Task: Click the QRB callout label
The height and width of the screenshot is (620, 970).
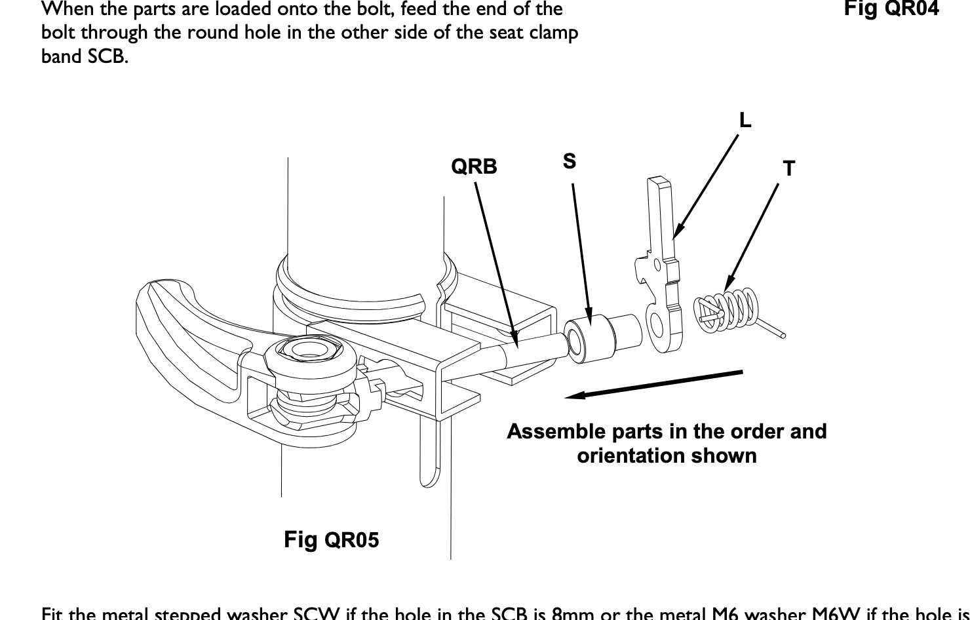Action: coord(474,167)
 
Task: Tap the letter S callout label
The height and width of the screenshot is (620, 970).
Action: coord(569,161)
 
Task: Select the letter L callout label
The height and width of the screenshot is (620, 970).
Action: coord(745,121)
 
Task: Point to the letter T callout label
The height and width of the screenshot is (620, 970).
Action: coord(789,169)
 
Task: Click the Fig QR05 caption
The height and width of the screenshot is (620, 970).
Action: coord(331,540)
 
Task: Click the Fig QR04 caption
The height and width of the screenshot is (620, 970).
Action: coord(891,9)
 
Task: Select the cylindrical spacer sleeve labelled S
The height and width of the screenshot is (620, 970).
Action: coord(593,337)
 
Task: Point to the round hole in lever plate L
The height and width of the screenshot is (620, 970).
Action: coord(656,322)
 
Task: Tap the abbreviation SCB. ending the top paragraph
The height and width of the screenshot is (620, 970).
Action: coord(107,56)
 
